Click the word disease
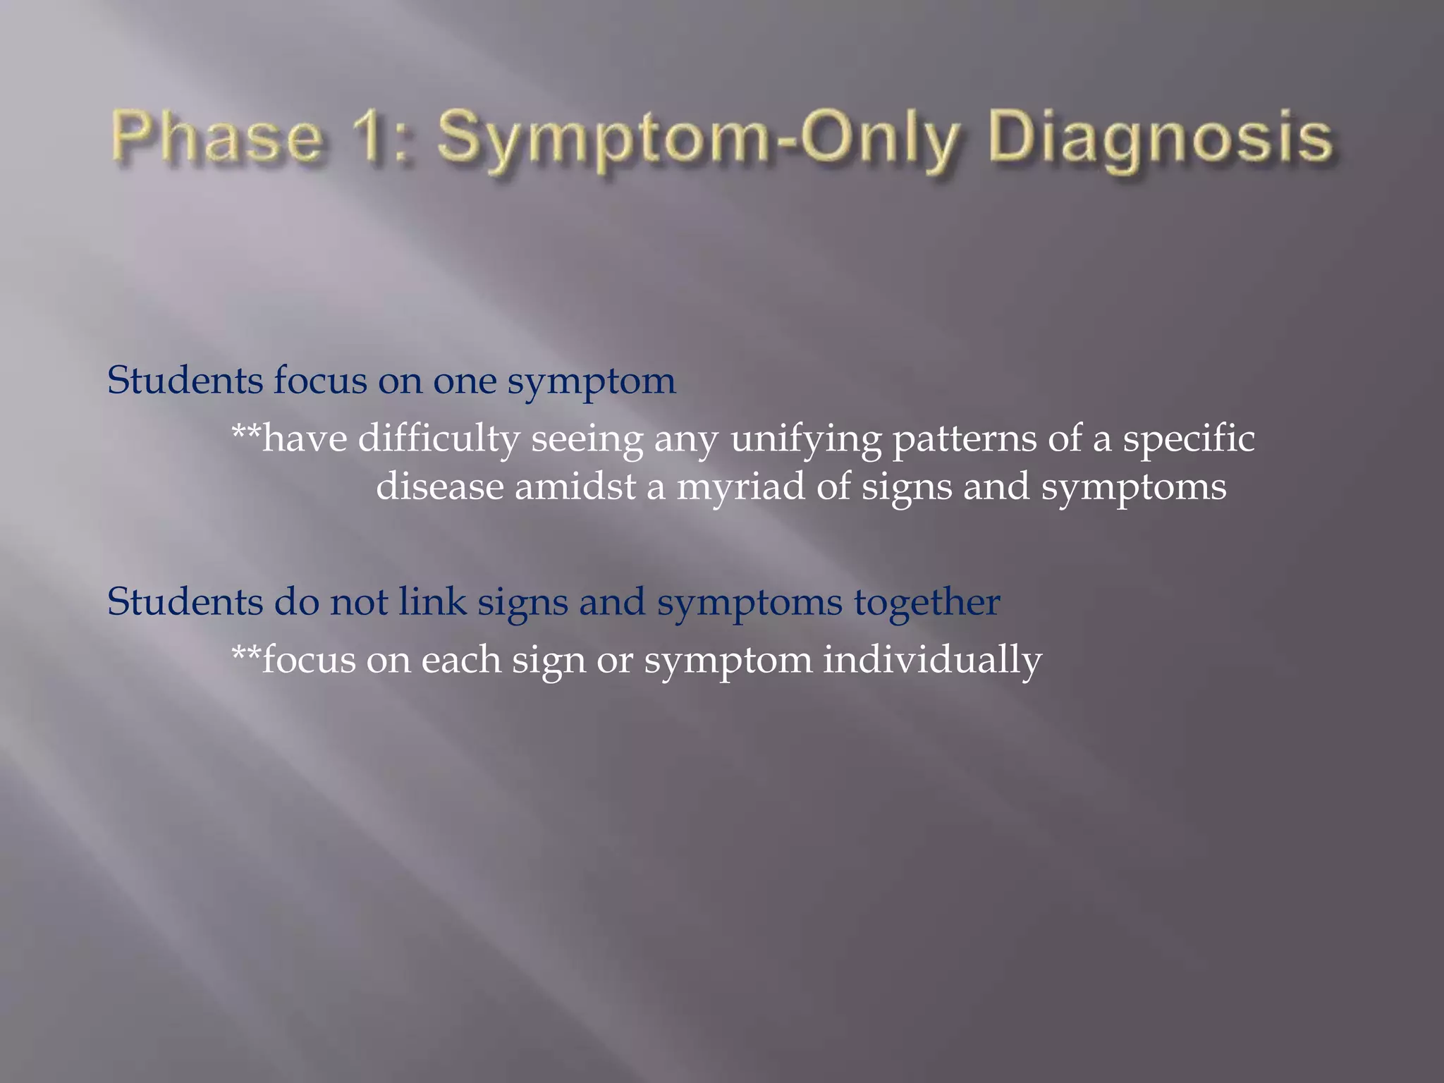point(440,487)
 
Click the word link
point(432,602)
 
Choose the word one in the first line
point(464,381)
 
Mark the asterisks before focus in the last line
point(246,653)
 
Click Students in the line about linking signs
point(185,602)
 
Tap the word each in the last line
point(461,660)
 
